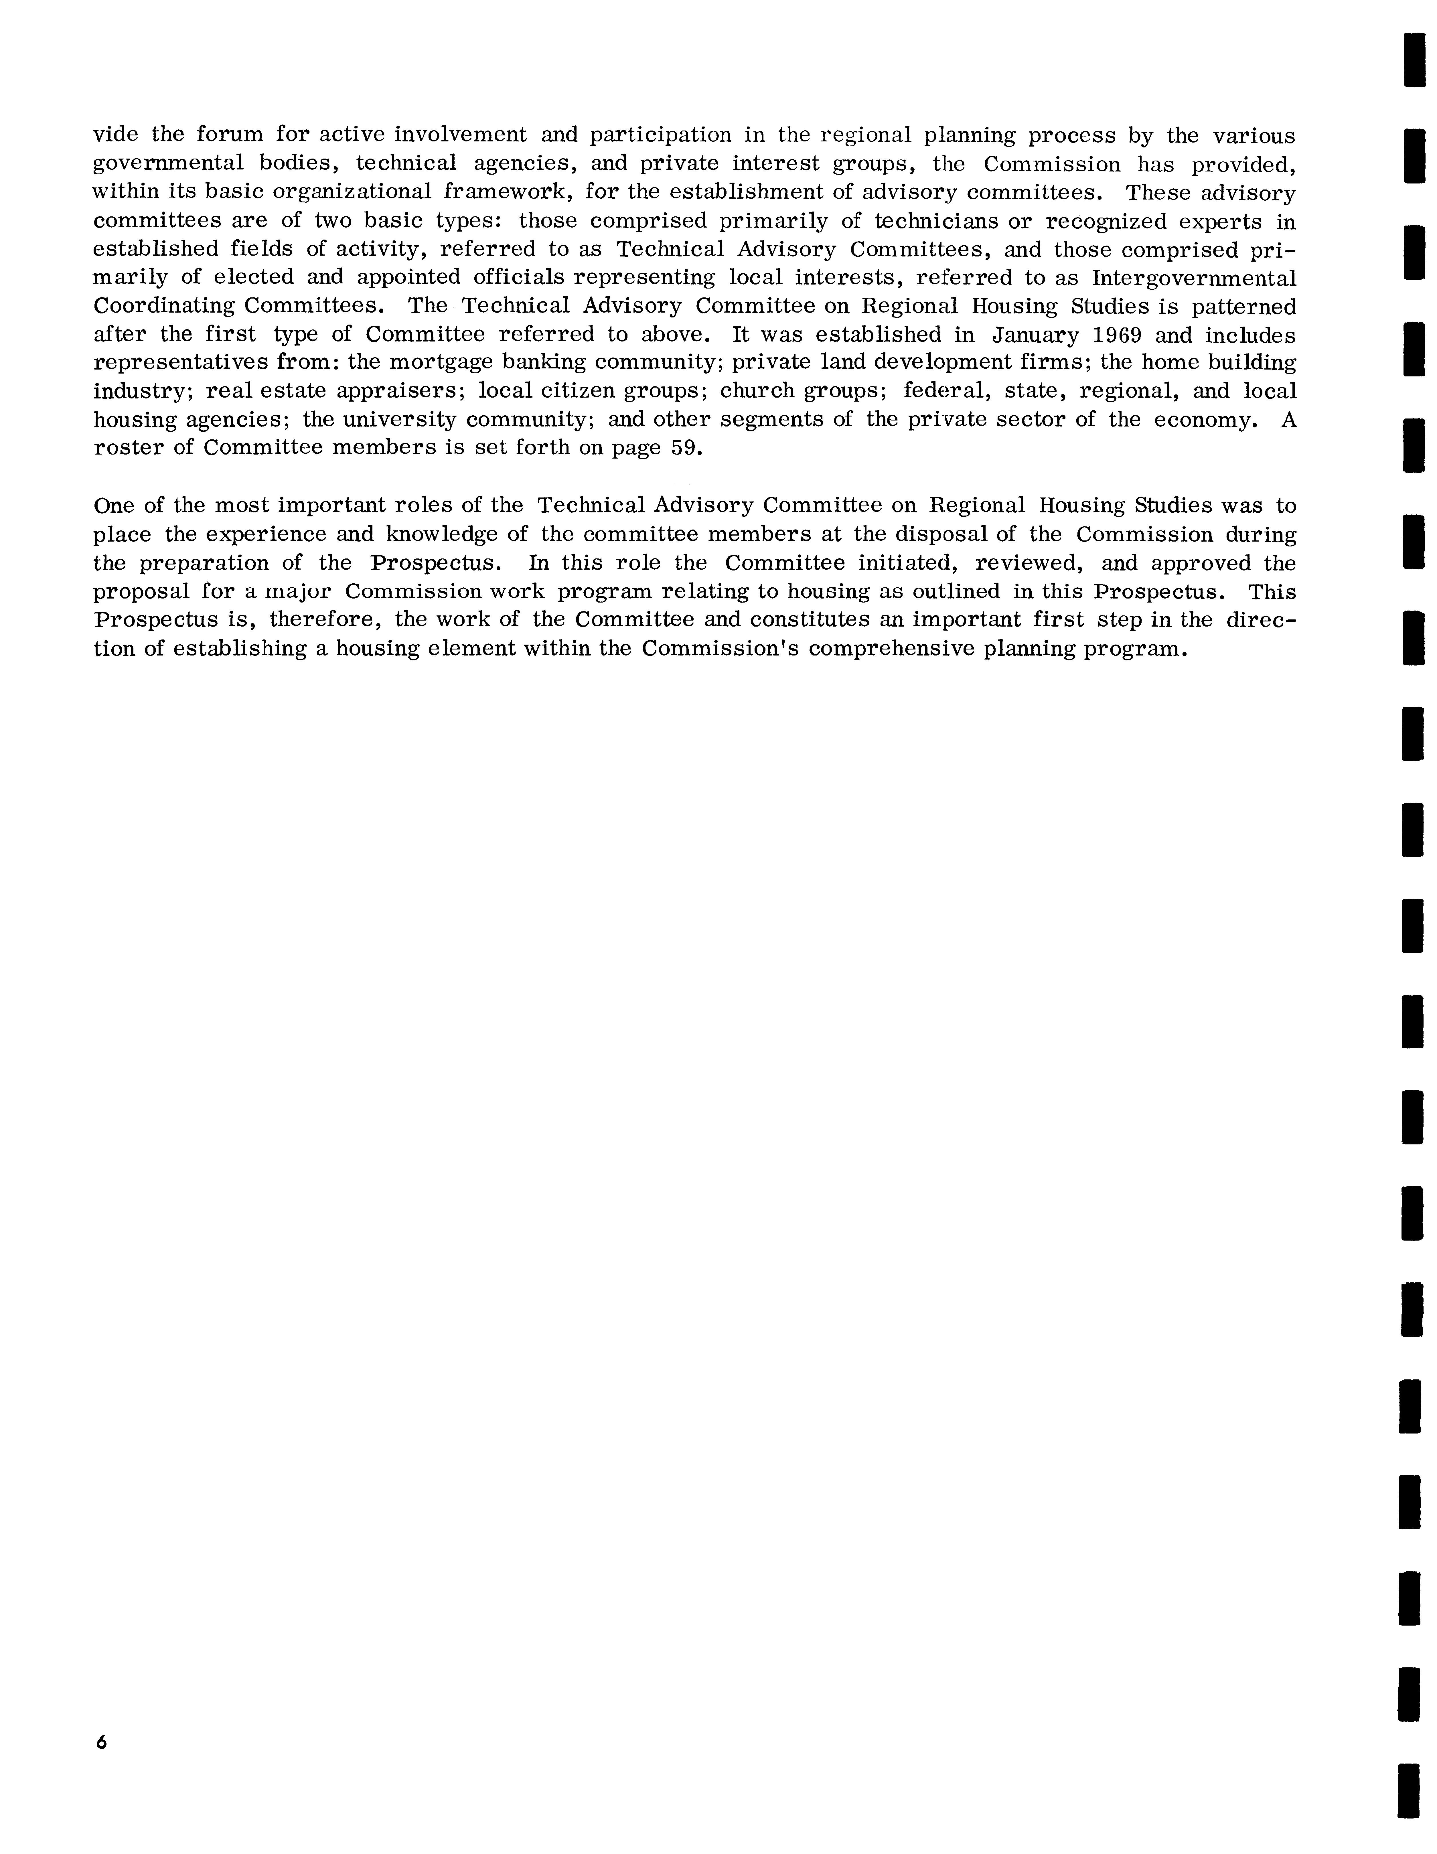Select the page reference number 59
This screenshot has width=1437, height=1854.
point(684,448)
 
